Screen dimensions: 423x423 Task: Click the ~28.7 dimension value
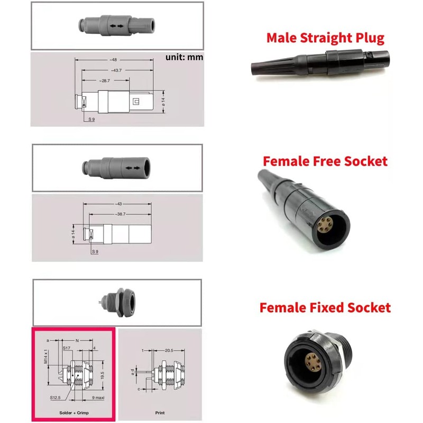pyautogui.click(x=106, y=80)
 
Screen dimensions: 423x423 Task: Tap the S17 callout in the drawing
pyautogui.click(x=67, y=348)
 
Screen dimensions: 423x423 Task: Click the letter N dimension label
pyautogui.click(x=77, y=341)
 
